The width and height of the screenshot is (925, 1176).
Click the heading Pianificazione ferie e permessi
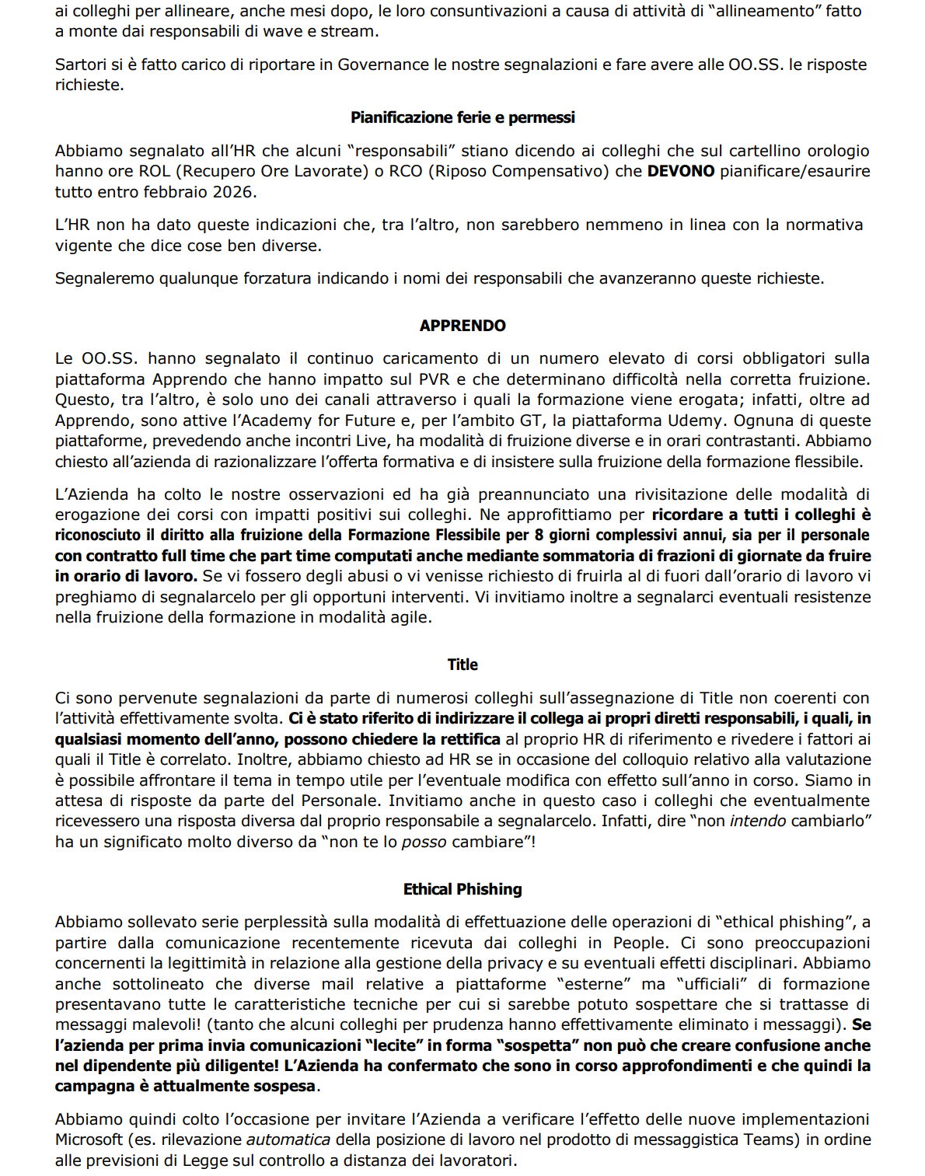(462, 117)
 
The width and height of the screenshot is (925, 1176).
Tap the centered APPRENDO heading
(462, 326)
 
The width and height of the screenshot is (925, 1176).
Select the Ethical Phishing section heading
(462, 889)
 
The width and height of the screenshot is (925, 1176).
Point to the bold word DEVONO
(681, 171)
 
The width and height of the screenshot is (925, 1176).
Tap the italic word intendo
(757, 822)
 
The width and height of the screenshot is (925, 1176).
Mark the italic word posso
(424, 842)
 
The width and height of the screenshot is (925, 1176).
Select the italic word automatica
(288, 1140)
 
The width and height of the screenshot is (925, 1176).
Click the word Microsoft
(89, 1140)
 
